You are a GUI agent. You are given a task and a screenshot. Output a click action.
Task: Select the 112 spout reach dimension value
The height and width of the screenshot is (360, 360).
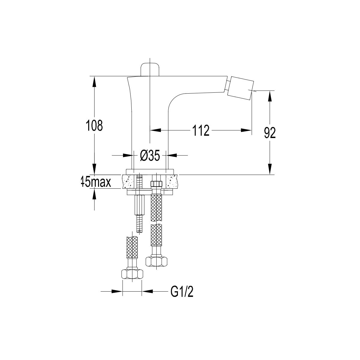(x=201, y=130)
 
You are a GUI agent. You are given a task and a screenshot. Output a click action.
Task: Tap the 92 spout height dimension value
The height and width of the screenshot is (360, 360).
(x=270, y=133)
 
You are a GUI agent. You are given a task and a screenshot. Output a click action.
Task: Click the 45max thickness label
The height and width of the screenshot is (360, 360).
(x=96, y=182)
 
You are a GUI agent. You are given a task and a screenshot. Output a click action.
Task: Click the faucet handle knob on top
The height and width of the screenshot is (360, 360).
(x=150, y=70)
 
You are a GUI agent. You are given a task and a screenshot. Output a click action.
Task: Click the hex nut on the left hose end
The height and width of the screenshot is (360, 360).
(x=132, y=274)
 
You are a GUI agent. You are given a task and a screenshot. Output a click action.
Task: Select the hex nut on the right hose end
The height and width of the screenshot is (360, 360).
(x=156, y=261)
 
